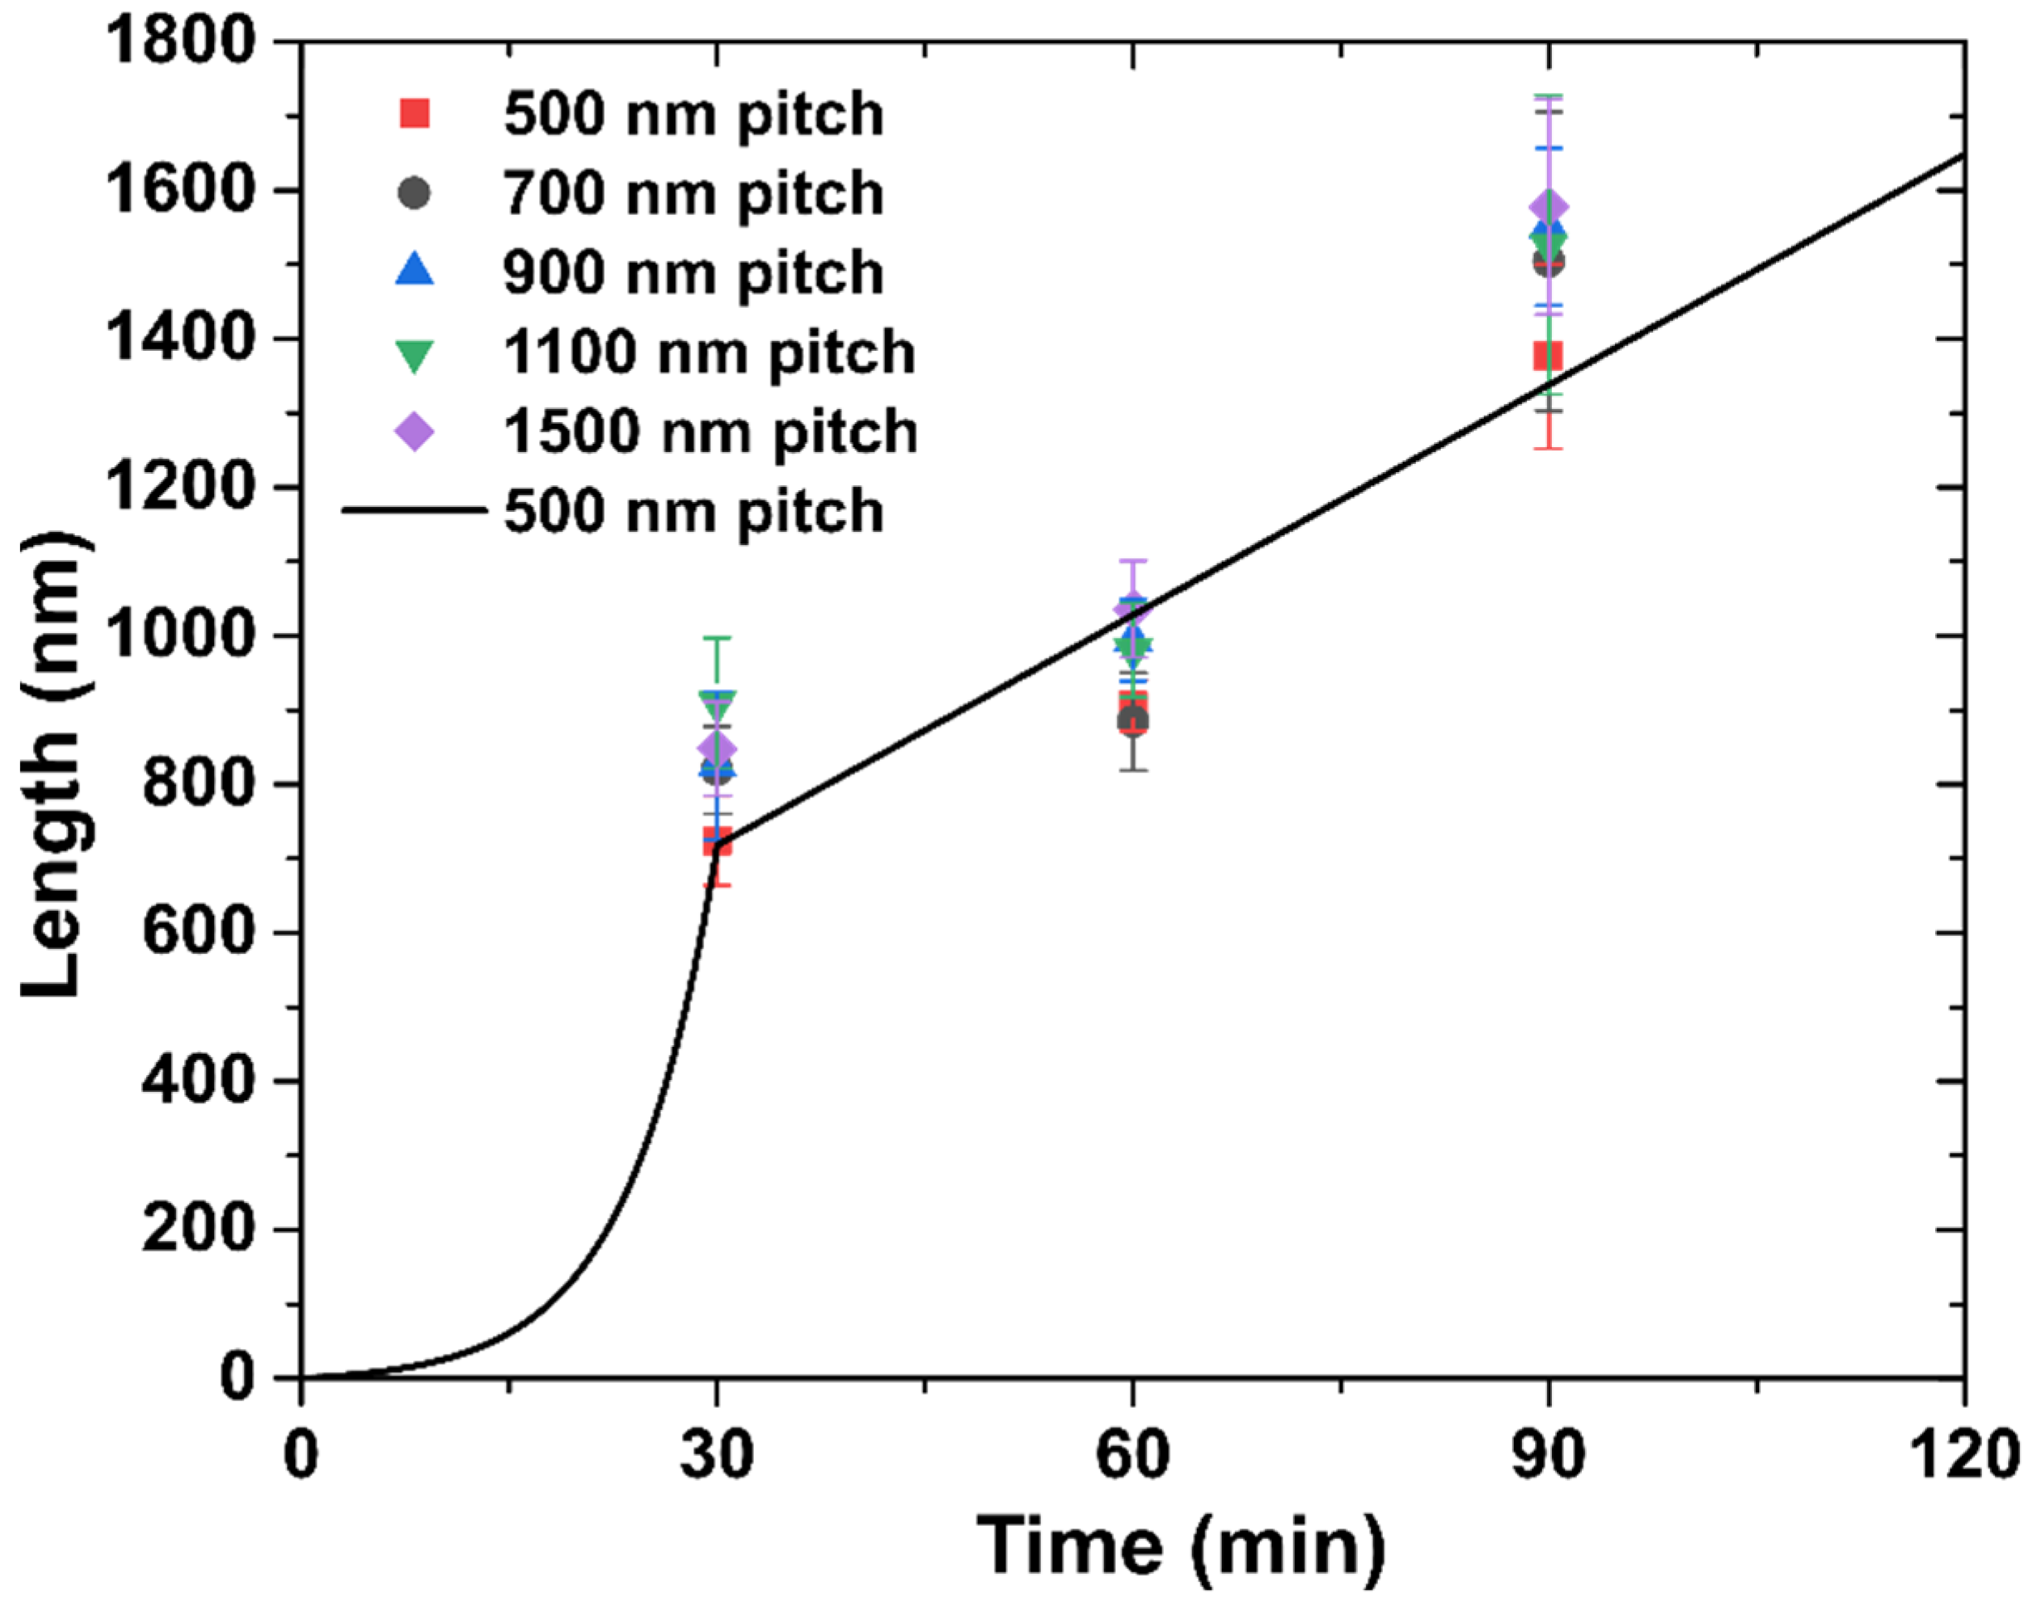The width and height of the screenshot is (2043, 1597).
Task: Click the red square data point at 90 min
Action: pyautogui.click(x=1548, y=357)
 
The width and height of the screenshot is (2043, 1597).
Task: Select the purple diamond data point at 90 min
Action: pyautogui.click(x=1548, y=207)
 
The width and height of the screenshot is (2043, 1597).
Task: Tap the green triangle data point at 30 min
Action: pyautogui.click(x=717, y=704)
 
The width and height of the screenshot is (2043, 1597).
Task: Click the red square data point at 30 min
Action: pyautogui.click(x=717, y=841)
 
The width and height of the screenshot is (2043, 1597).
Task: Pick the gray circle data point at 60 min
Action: pyautogui.click(x=1133, y=720)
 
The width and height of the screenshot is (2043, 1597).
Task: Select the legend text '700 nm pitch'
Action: pyautogui.click(x=693, y=193)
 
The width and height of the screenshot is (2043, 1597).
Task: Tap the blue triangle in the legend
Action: pyautogui.click(x=415, y=270)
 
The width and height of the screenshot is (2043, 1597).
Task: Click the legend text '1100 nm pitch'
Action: pyautogui.click(x=709, y=353)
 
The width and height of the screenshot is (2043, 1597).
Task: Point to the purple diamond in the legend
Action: pyautogui.click(x=415, y=431)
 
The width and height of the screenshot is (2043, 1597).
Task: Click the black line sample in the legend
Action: pyautogui.click(x=415, y=511)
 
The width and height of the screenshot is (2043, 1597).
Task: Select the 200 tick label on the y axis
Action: pyautogui.click(x=197, y=1229)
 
